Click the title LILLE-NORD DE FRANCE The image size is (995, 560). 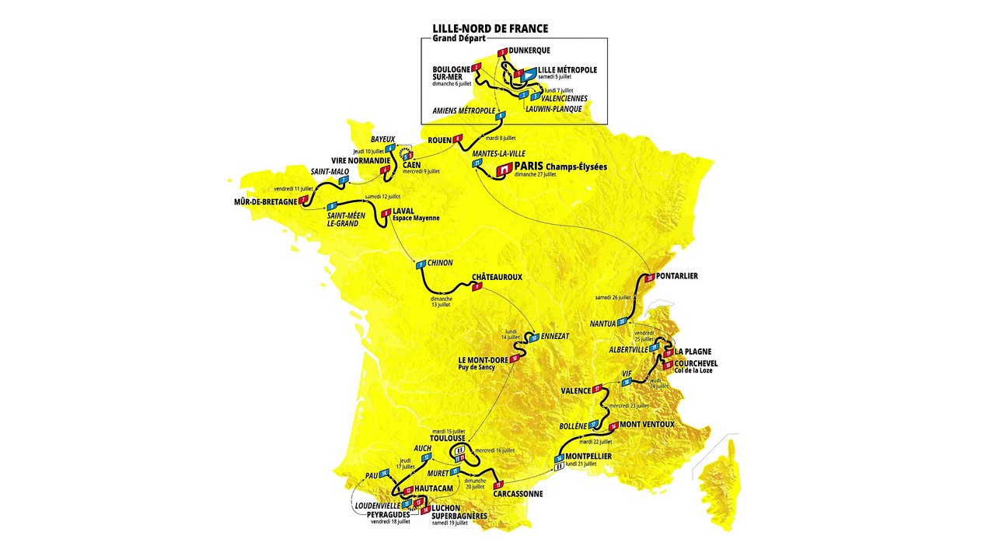(490, 29)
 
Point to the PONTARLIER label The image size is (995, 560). (676, 276)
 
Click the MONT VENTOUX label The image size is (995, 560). (647, 425)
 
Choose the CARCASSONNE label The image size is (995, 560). (518, 493)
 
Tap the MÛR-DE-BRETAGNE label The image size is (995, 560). (266, 201)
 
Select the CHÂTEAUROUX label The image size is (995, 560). (497, 277)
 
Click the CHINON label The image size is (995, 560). (440, 264)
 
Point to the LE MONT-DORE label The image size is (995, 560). (482, 359)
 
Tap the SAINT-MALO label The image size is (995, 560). (330, 171)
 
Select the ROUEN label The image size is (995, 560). (440, 139)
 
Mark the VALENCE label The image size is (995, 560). (574, 390)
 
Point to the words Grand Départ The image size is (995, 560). (459, 39)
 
